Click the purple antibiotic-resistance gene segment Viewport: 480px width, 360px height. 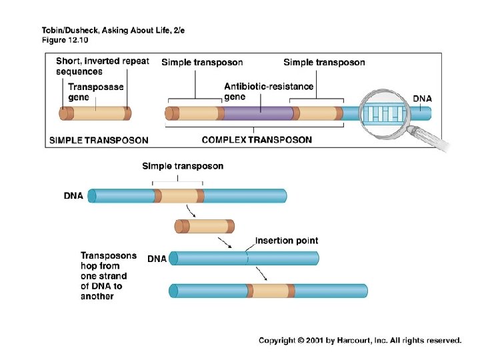258,113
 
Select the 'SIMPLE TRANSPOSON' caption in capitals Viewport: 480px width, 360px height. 99,140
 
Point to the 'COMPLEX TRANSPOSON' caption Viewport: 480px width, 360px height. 257,140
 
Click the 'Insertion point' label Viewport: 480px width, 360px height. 287,241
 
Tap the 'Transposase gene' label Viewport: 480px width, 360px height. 97,92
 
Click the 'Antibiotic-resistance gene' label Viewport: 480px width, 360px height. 269,92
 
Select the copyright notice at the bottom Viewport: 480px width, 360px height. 360,341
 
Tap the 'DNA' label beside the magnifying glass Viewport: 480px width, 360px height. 422,99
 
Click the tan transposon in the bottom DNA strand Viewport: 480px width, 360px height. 271,291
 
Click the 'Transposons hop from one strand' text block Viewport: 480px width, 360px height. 109,276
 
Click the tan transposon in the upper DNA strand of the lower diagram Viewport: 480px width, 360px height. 179,195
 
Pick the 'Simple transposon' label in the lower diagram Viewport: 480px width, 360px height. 183,166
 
